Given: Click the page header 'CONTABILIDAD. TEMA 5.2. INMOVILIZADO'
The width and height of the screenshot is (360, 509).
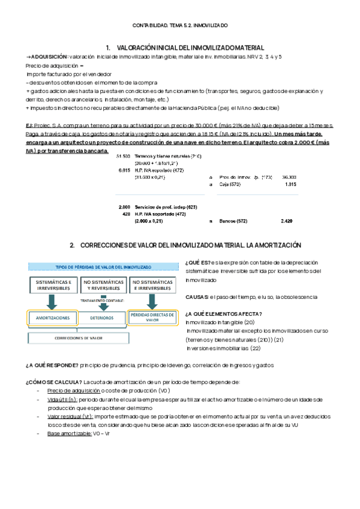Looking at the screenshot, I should pos(180,25).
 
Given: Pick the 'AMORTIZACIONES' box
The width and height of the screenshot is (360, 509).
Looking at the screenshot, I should pos(53,318).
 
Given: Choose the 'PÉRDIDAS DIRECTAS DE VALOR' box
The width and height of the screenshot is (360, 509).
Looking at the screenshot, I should pos(152,318).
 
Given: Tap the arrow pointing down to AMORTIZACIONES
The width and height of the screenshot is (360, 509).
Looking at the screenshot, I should pos(53,302).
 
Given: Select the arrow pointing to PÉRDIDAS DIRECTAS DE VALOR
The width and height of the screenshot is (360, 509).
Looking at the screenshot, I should pos(152,302).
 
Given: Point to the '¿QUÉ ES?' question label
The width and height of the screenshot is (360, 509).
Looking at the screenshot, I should pos(198,263).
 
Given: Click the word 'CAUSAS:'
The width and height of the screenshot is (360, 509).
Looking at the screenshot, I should pos(197,297).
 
